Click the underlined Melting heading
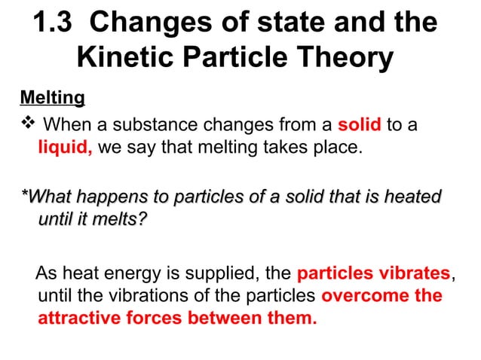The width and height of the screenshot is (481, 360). (52, 98)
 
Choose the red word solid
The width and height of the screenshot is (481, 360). (360, 124)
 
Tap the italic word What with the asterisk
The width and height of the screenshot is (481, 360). (50, 197)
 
